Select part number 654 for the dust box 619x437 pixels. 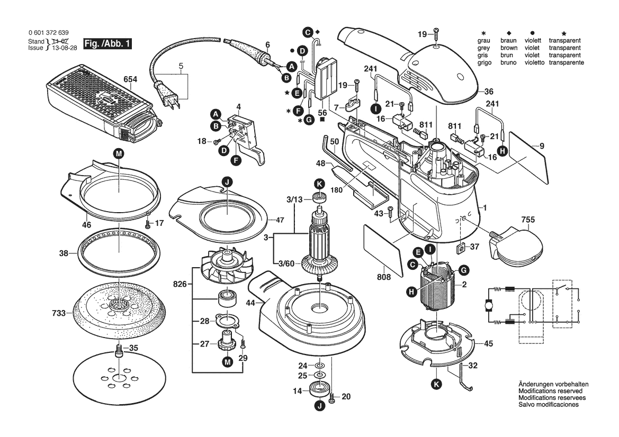(x=130, y=80)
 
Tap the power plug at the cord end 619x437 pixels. (x=171, y=97)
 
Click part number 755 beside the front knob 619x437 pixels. (x=527, y=218)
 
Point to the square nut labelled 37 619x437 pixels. (x=460, y=247)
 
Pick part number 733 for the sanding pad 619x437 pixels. (x=59, y=313)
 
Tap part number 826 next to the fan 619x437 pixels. (x=180, y=285)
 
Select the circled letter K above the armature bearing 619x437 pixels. (x=319, y=184)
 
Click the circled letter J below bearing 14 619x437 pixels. (x=319, y=406)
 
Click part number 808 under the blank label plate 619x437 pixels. (x=384, y=277)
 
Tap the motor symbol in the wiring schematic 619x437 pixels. (x=489, y=305)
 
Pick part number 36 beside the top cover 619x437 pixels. (x=488, y=90)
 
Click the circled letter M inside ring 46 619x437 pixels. (x=119, y=153)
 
